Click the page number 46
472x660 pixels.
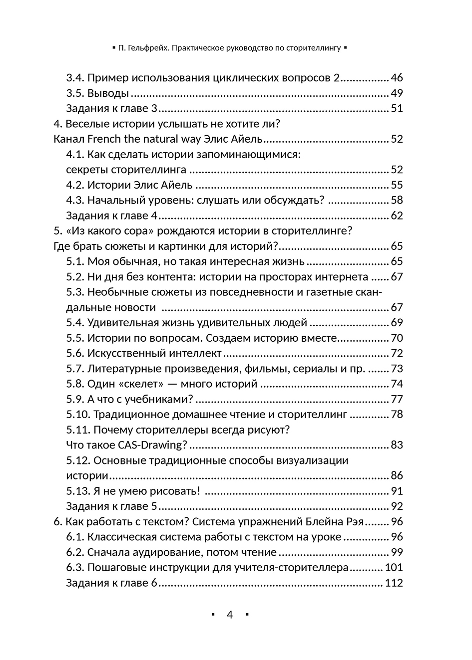tap(397, 78)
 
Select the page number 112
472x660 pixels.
tap(394, 583)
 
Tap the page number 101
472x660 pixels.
tap(394, 567)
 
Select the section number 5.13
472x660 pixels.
tap(78, 491)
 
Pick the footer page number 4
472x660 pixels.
tap(230, 615)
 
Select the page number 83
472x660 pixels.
tap(397, 445)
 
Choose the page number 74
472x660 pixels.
tap(397, 384)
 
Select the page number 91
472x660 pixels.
tap(397, 491)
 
